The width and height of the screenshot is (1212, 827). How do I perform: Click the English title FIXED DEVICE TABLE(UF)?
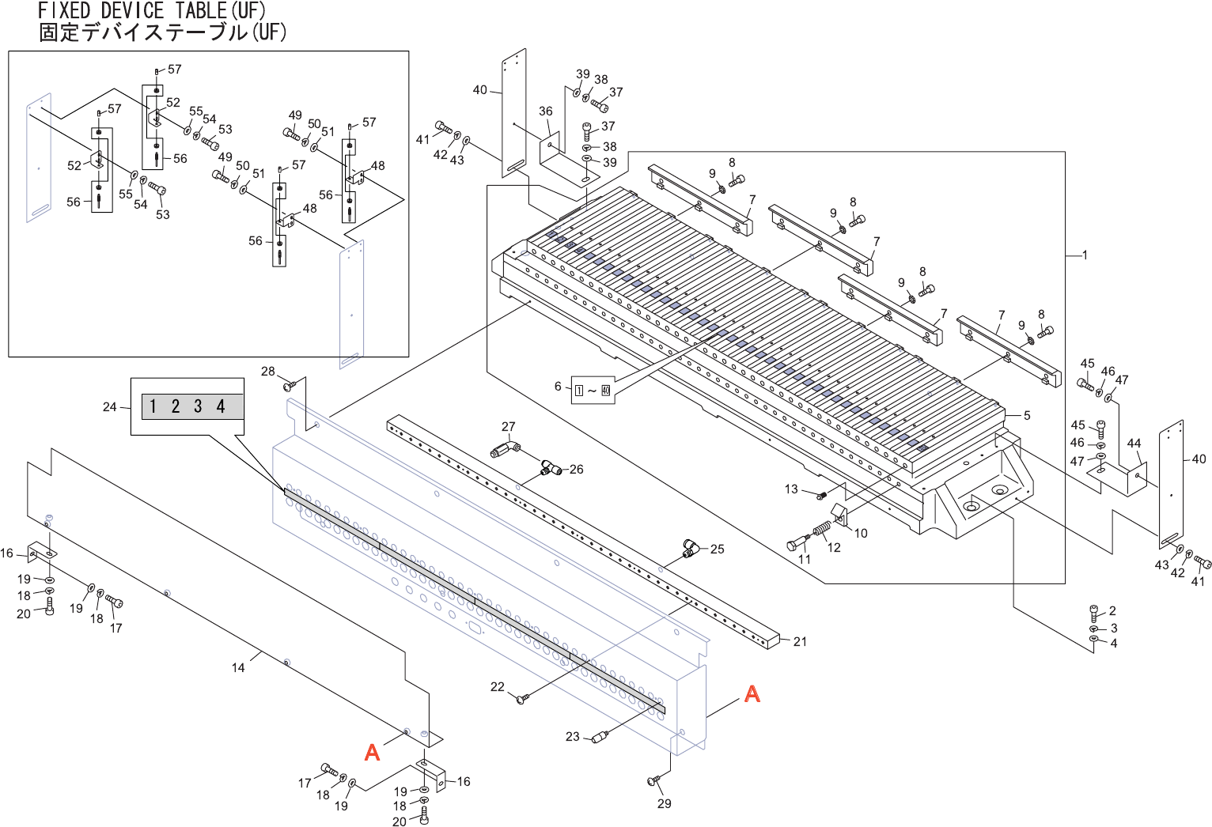tap(152, 11)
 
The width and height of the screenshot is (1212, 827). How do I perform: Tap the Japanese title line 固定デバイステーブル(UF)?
tap(162, 32)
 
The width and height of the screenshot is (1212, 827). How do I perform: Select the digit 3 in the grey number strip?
tap(198, 406)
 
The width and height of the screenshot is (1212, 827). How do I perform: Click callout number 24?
tap(109, 407)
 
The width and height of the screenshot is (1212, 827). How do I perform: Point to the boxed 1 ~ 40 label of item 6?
tap(593, 390)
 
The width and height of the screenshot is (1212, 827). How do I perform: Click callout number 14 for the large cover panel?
tap(238, 668)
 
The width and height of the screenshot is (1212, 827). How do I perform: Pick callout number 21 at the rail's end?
tap(800, 642)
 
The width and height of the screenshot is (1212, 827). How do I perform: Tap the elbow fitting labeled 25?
tap(691, 548)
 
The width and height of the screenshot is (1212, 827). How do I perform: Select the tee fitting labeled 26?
tap(551, 469)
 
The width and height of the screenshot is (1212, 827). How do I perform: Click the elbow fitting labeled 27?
tap(503, 450)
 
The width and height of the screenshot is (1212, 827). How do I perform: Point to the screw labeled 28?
tap(290, 386)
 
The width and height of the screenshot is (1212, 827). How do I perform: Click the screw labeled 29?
tap(654, 781)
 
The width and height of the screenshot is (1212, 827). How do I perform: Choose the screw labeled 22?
tap(521, 699)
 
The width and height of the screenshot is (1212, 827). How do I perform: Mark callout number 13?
tap(791, 489)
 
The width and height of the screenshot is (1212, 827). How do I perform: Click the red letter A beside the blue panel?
tap(752, 693)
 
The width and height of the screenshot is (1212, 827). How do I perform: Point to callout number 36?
tap(546, 111)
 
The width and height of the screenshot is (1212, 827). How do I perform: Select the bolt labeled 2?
tap(1094, 611)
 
